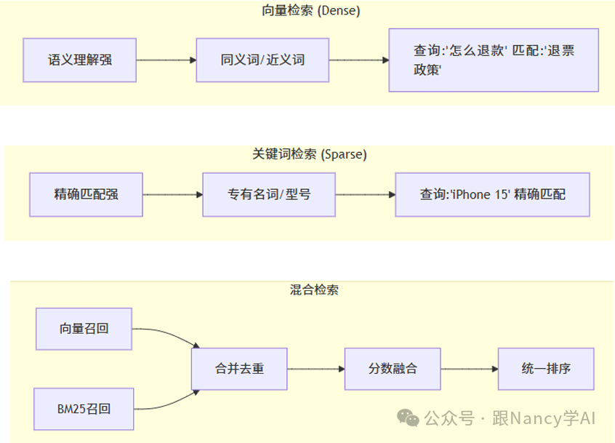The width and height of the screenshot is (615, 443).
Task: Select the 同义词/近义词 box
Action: click(262, 60)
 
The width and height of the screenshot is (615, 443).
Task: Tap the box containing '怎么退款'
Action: click(494, 60)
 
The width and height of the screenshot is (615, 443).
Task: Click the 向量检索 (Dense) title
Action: click(310, 11)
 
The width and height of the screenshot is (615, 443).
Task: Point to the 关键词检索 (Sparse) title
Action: click(310, 154)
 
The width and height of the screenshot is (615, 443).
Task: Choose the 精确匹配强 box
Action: click(86, 194)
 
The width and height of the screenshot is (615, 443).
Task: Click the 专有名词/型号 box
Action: click(269, 194)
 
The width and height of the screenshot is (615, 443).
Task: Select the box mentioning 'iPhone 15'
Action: click(492, 194)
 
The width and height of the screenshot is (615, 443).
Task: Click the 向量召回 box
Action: click(84, 328)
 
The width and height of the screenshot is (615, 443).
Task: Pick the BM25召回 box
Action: click(84, 409)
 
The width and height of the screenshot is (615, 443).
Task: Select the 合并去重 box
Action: click(239, 369)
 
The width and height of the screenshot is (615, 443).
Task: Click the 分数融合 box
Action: click(393, 369)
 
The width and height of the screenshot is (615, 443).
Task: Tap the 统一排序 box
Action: click(546, 369)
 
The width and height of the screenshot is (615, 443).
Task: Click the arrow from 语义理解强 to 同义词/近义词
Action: click(166, 60)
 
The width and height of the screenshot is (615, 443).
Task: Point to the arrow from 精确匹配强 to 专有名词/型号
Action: click(172, 194)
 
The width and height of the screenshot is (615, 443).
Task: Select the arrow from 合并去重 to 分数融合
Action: click(315, 369)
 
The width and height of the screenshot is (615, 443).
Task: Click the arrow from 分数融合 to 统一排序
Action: click(469, 369)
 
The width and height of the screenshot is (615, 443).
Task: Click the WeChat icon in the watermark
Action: click(408, 418)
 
